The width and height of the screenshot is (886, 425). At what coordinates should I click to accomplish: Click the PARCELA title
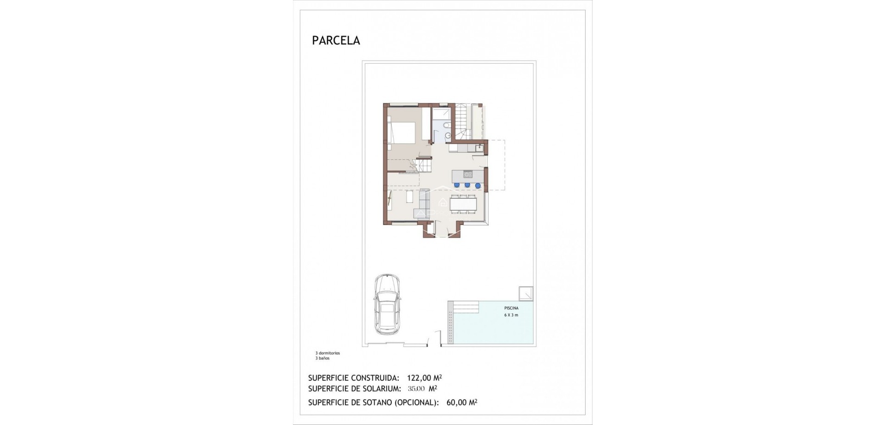[336, 41]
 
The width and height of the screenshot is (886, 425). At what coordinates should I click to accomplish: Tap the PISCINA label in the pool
[511, 308]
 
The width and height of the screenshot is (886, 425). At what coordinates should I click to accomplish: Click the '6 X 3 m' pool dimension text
[511, 315]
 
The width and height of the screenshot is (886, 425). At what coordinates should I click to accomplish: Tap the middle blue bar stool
[467, 185]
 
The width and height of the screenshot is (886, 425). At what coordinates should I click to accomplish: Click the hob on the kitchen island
[468, 175]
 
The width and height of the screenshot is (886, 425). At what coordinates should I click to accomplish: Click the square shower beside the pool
[526, 293]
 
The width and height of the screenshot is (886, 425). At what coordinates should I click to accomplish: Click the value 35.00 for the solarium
[416, 389]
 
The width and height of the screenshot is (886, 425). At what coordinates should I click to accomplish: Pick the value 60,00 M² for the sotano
[461, 402]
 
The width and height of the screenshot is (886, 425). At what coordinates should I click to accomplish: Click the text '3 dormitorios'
[328, 353]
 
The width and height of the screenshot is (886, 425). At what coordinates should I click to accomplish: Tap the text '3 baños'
[323, 358]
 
